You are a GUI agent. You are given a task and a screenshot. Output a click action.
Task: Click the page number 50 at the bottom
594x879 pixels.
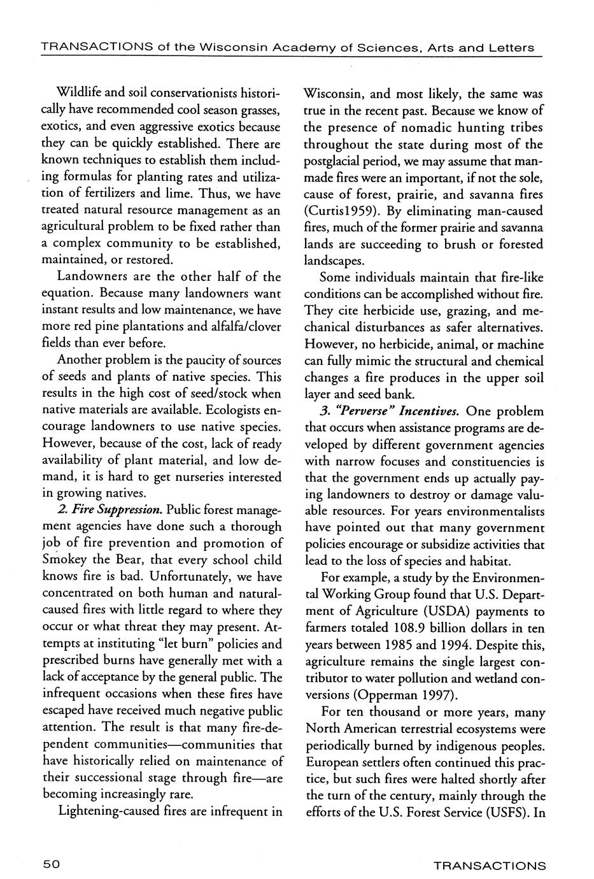click(51, 864)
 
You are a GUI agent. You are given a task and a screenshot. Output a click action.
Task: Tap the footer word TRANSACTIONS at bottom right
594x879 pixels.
click(489, 865)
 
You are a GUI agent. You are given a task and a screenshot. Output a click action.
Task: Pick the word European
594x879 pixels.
click(336, 762)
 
